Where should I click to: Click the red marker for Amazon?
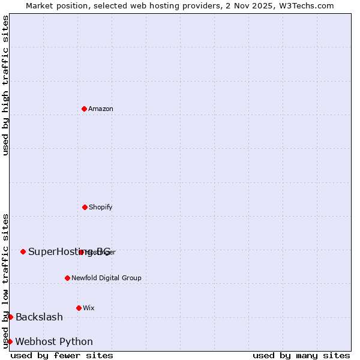tap(84, 109)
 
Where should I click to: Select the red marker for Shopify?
tap(85, 207)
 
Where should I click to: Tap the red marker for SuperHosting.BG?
tap(23, 251)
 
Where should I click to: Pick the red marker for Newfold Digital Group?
tap(67, 278)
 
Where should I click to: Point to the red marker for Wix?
tap(79, 308)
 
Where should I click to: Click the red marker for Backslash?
tap(10, 317)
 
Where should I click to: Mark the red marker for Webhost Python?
tap(10, 341)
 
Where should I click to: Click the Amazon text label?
tap(101, 109)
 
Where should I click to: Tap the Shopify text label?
tap(101, 207)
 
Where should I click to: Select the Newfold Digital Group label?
tap(106, 278)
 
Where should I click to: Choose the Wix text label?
tap(89, 308)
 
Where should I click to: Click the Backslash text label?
tap(39, 317)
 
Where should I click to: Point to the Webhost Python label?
tap(54, 341)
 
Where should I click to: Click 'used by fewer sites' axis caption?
tap(62, 355)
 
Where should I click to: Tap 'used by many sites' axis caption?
tap(301, 355)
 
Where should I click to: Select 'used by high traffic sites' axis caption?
tap(5, 85)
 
